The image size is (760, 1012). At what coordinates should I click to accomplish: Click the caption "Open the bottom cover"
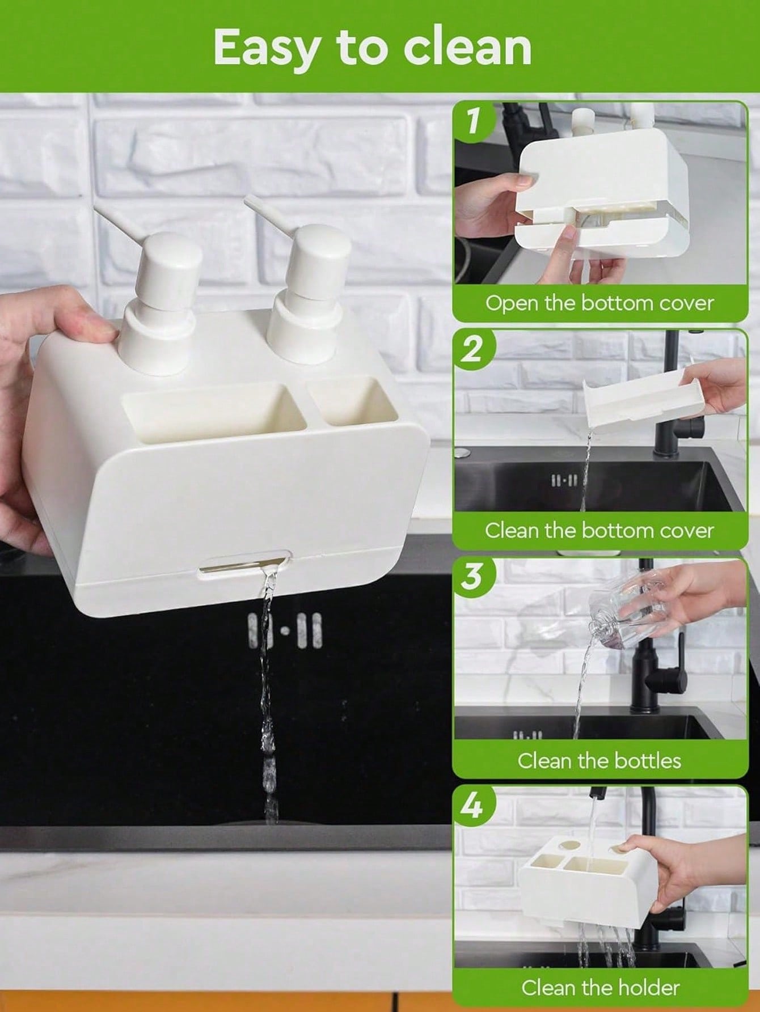pos(599,302)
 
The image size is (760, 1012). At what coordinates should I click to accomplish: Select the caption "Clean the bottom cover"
pos(599,530)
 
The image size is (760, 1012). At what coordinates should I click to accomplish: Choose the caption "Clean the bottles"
pos(599,760)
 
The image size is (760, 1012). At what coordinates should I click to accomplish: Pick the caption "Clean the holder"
pos(600,988)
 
